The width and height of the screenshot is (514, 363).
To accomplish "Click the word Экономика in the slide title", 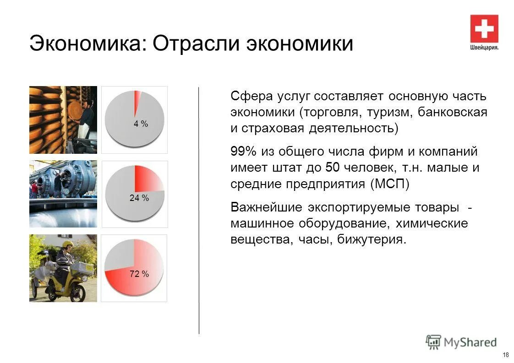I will [x=84, y=44].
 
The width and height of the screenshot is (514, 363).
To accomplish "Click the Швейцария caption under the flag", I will [x=484, y=47].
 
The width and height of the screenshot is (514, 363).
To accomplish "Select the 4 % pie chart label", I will [x=141, y=124].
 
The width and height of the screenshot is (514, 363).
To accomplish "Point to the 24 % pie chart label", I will [x=139, y=198].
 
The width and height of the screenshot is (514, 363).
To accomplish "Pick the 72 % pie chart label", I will [x=139, y=274].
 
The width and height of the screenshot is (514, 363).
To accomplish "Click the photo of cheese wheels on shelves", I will [x=63, y=119].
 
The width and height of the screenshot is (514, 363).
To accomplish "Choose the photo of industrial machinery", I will [x=63, y=194].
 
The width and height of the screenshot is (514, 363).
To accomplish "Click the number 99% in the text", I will [x=244, y=152].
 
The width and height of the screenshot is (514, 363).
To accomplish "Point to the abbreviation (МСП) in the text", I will [x=389, y=184].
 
